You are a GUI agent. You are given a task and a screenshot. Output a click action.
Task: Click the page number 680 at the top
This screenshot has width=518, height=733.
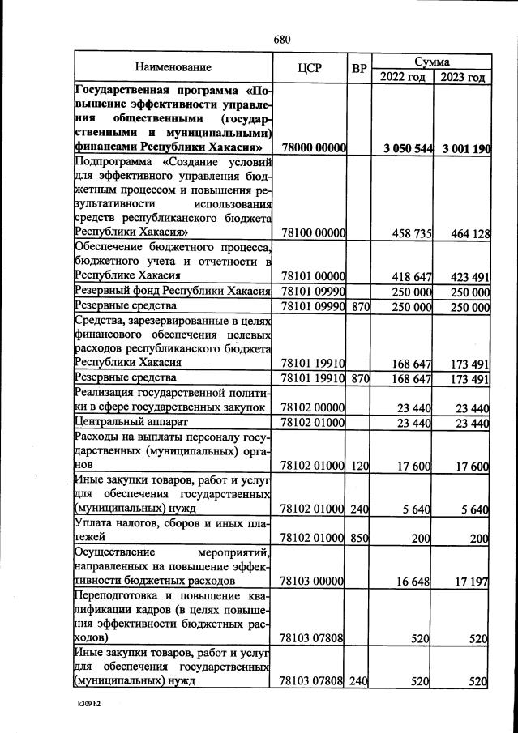(281, 40)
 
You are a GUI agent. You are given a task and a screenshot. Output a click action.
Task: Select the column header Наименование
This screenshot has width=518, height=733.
(173, 67)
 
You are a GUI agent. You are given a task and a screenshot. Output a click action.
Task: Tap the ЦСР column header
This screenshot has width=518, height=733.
(310, 68)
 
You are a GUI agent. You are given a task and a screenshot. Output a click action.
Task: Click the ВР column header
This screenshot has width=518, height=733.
(359, 68)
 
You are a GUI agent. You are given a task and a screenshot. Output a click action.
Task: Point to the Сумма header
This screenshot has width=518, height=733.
(432, 61)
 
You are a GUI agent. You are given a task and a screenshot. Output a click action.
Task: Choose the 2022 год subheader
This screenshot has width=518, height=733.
(402, 77)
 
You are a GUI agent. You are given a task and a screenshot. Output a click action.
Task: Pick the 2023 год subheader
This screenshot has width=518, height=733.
(463, 77)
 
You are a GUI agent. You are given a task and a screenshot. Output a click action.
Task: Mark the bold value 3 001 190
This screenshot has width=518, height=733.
(462, 148)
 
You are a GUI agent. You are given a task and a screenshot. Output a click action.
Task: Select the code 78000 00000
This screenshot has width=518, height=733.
(313, 148)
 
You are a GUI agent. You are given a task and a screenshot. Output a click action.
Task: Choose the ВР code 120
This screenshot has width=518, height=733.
(359, 466)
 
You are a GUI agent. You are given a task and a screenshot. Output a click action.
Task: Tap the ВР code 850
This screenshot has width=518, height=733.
(359, 538)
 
